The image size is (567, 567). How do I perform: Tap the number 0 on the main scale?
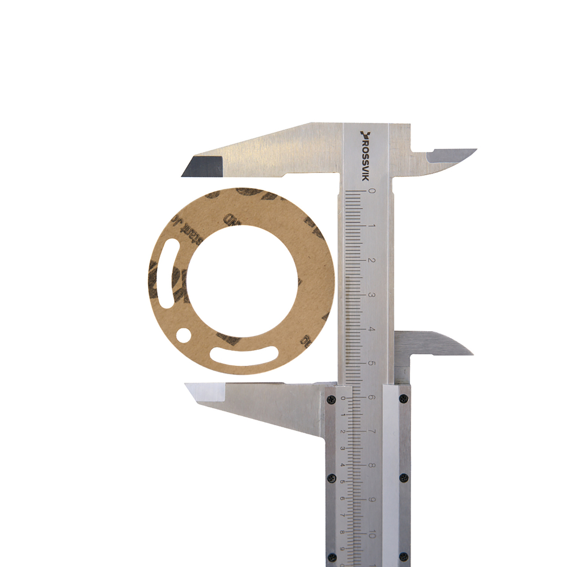pyautogui.click(x=371, y=191)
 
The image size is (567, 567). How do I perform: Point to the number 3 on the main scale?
pyautogui.click(x=371, y=295)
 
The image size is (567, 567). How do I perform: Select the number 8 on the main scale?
pyautogui.click(x=371, y=466)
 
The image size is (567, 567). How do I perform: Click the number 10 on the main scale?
pyautogui.click(x=371, y=534)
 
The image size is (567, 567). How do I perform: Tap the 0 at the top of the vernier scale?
pyautogui.click(x=341, y=398)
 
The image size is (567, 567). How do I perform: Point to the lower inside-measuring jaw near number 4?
pyautogui.click(x=437, y=344)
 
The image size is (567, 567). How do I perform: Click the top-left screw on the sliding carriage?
pyautogui.click(x=331, y=399)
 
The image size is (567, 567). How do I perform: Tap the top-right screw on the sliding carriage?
pyautogui.click(x=403, y=399)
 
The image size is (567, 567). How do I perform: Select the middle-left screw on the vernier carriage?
pyautogui.click(x=331, y=477)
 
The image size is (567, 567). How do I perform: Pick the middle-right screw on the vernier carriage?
pyautogui.click(x=403, y=477)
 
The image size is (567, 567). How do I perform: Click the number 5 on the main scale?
pyautogui.click(x=371, y=363)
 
